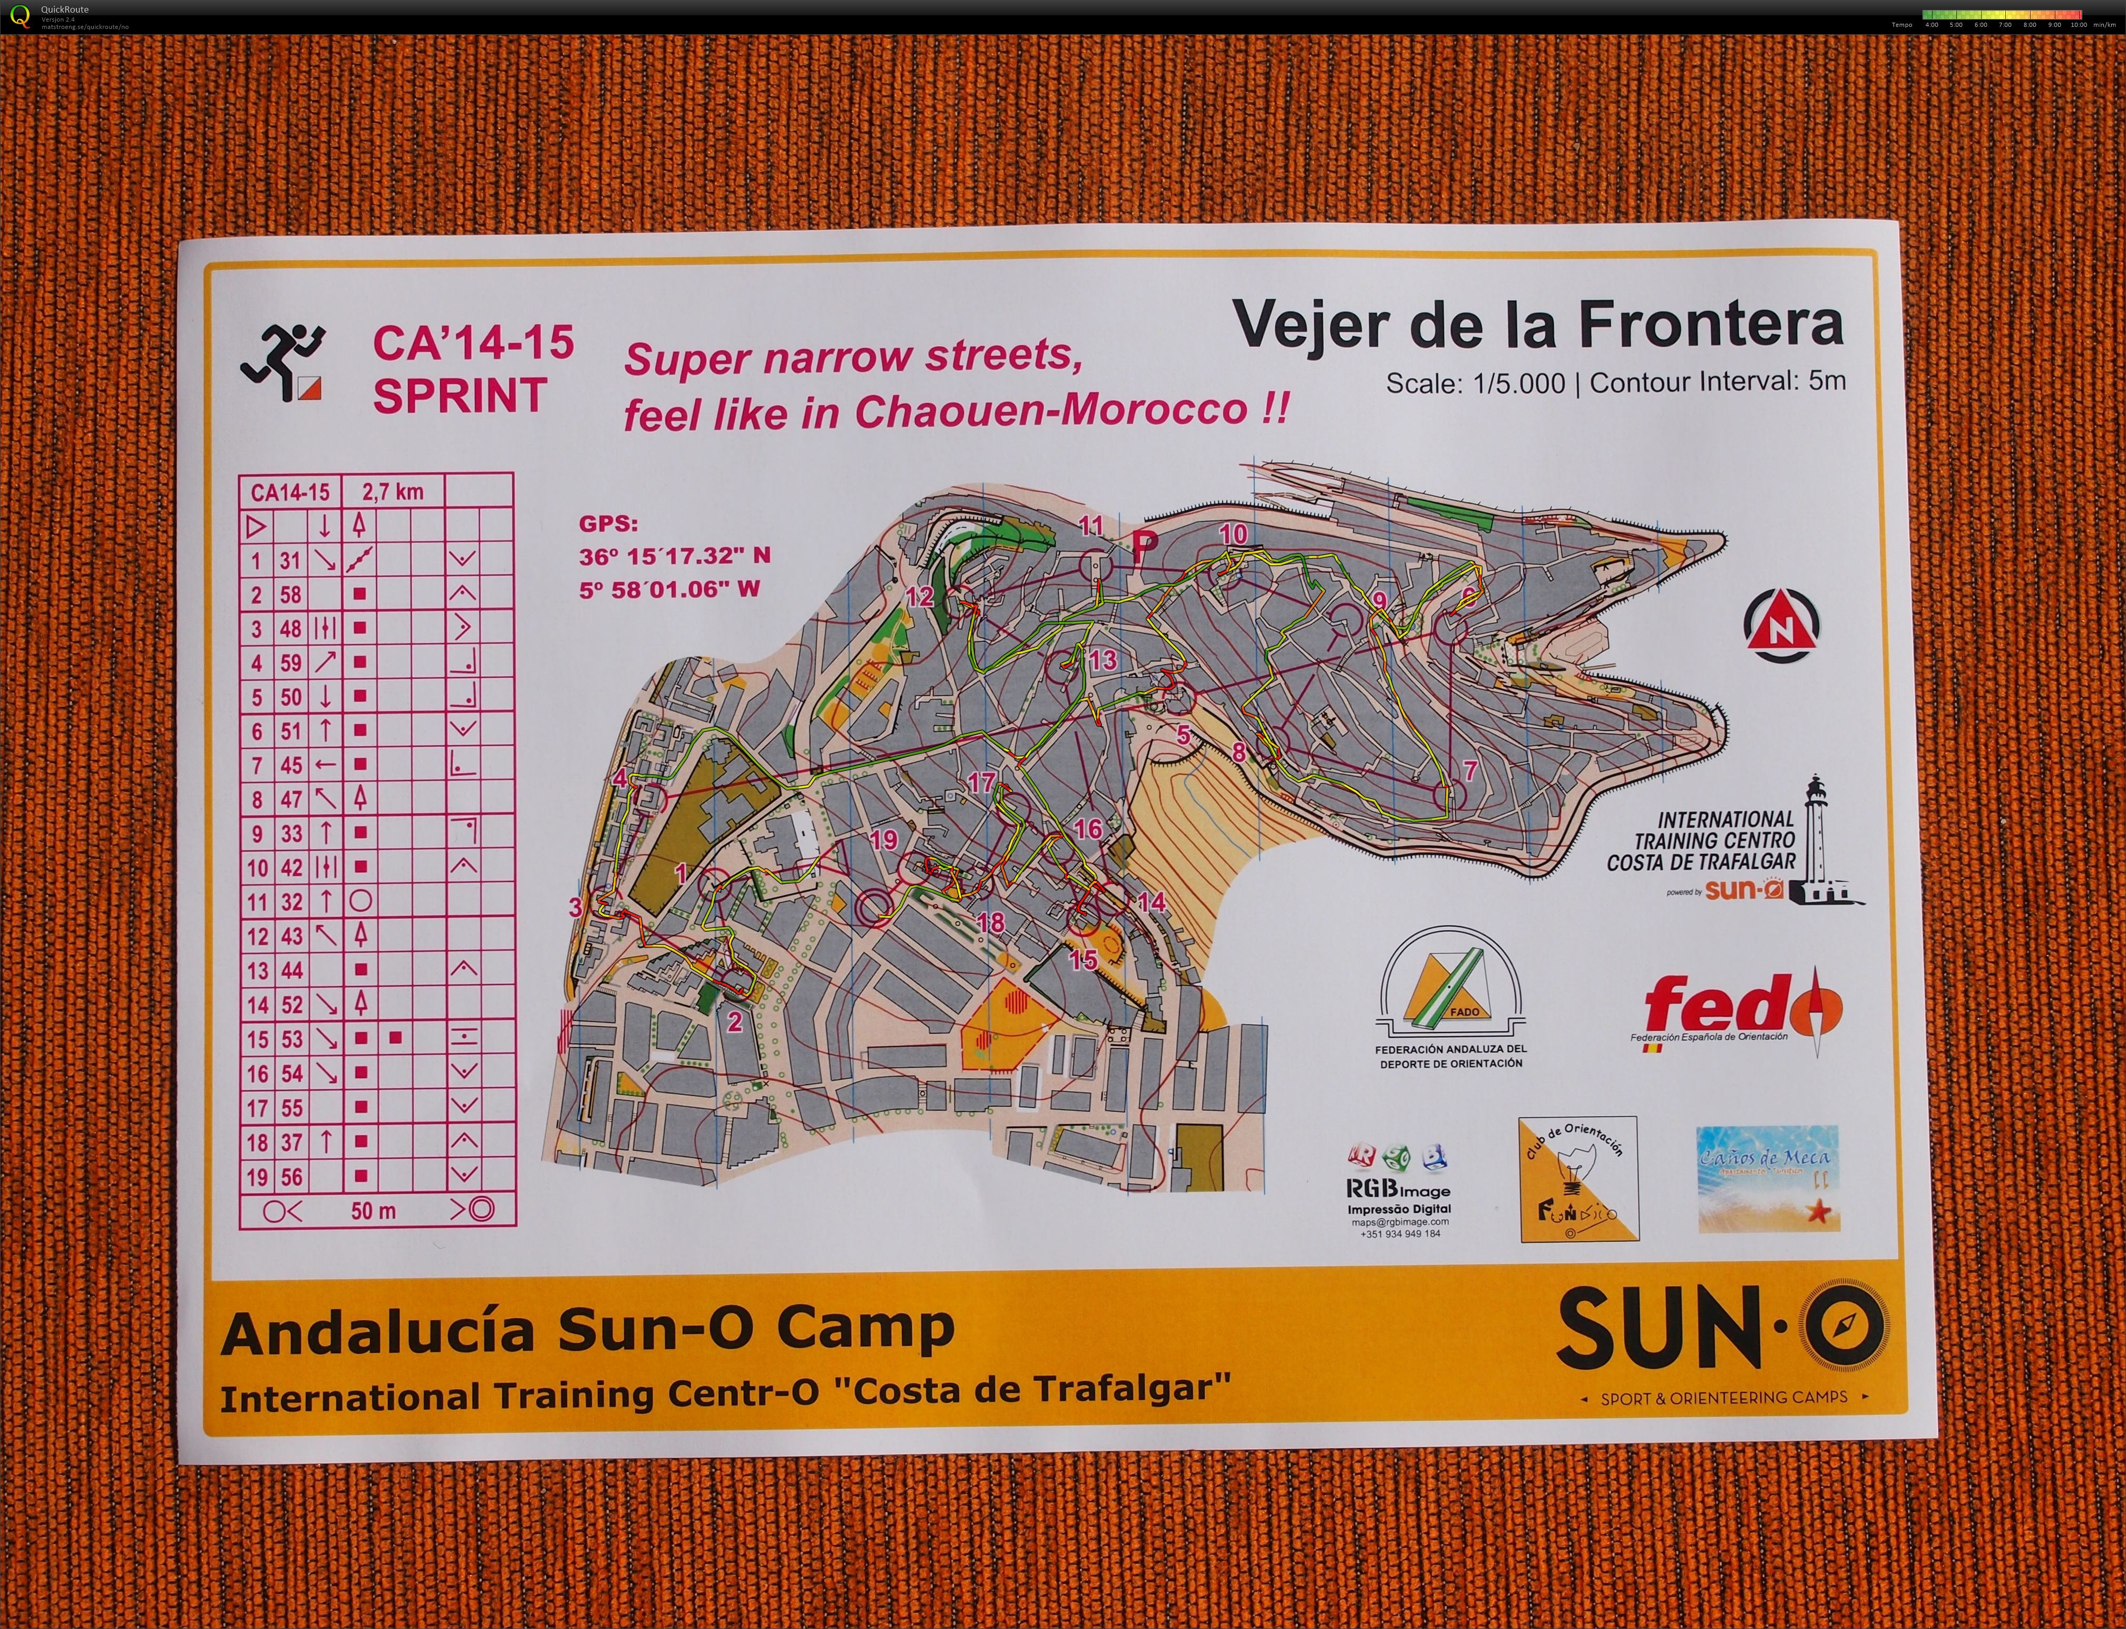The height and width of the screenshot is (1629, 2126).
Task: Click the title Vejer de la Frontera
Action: pyautogui.click(x=1537, y=325)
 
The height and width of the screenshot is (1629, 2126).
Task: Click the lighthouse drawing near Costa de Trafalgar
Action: pyautogui.click(x=1815, y=841)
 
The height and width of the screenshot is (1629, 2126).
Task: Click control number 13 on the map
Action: pyautogui.click(x=1102, y=660)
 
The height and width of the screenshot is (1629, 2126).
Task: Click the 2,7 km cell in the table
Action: pyautogui.click(x=393, y=492)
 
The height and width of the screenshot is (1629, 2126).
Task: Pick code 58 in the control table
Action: pyautogui.click(x=291, y=594)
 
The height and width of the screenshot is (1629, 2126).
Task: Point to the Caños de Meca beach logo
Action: pyautogui.click(x=1767, y=1178)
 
